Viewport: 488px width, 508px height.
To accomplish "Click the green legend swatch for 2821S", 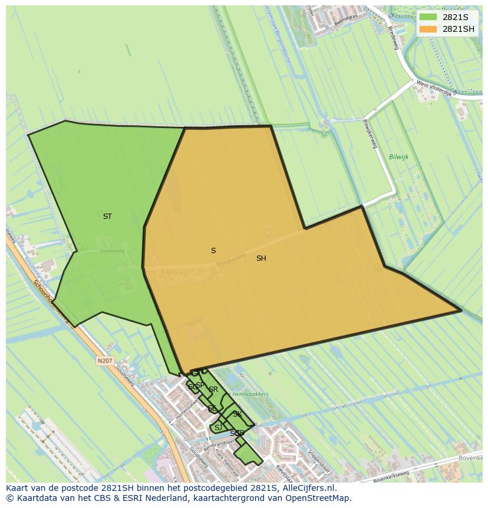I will (x=428, y=17).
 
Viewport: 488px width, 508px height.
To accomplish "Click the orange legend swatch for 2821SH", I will (x=428, y=29).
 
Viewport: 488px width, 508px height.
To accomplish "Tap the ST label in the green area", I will (x=107, y=217).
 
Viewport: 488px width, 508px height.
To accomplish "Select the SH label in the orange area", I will (x=261, y=258).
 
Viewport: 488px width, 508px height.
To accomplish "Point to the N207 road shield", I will (x=105, y=360).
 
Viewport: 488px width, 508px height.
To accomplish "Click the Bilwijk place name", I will (x=398, y=157).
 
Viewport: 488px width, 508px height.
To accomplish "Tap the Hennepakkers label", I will (x=250, y=394).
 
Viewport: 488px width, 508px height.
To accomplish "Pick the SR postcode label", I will (x=213, y=389).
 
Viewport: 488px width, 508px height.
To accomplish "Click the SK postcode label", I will (x=237, y=414).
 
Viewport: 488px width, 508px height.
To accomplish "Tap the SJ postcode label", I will (x=218, y=428).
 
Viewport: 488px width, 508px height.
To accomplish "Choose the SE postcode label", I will (x=212, y=408).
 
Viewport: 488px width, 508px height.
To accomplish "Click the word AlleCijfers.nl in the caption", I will (x=306, y=488).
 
